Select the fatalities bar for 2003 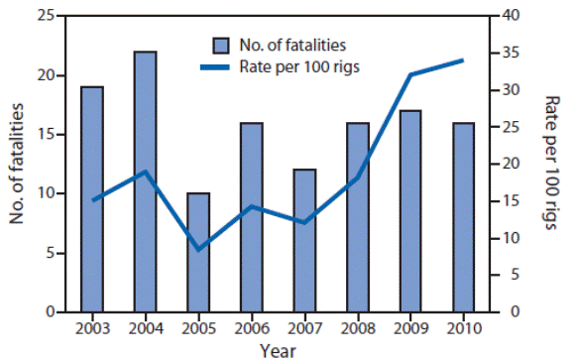tap(92, 199)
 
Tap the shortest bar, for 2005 tap(198, 253)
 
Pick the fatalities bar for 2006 tap(251, 217)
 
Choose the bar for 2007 tap(304, 241)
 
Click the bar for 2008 tap(357, 217)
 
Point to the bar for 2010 tap(463, 217)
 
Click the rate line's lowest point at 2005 tap(198, 249)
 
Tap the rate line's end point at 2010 tap(463, 60)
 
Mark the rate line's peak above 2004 tap(145, 172)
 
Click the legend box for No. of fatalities tap(220, 45)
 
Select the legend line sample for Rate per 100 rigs tap(220, 66)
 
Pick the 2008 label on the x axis tap(357, 328)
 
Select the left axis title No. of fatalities tap(18, 164)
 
